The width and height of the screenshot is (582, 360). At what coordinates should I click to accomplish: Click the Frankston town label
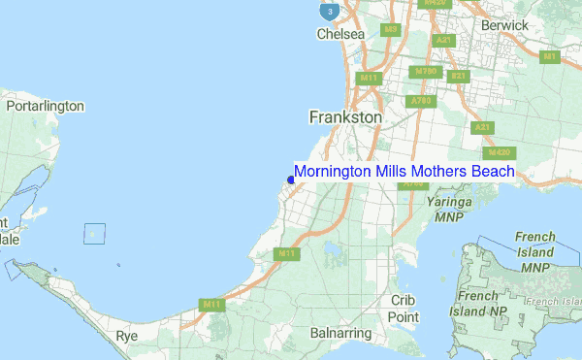[345, 116]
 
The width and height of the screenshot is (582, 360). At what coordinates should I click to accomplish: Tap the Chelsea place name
[340, 34]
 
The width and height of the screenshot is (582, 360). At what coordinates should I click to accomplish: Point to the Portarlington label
[46, 106]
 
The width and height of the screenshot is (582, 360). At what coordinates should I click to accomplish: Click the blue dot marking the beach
[291, 180]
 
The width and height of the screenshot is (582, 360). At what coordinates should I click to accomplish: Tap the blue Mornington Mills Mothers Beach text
[404, 172]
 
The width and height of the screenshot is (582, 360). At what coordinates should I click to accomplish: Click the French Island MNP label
[534, 251]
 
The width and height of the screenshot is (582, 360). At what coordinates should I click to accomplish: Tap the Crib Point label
[404, 309]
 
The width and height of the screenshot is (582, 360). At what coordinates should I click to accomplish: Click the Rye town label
[127, 335]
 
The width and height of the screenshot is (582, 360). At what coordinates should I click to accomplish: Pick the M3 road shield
[392, 30]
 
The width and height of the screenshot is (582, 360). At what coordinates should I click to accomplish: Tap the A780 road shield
[421, 100]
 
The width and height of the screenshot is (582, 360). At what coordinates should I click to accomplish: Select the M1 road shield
[550, 57]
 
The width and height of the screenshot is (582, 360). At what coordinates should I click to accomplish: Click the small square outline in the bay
[94, 234]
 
